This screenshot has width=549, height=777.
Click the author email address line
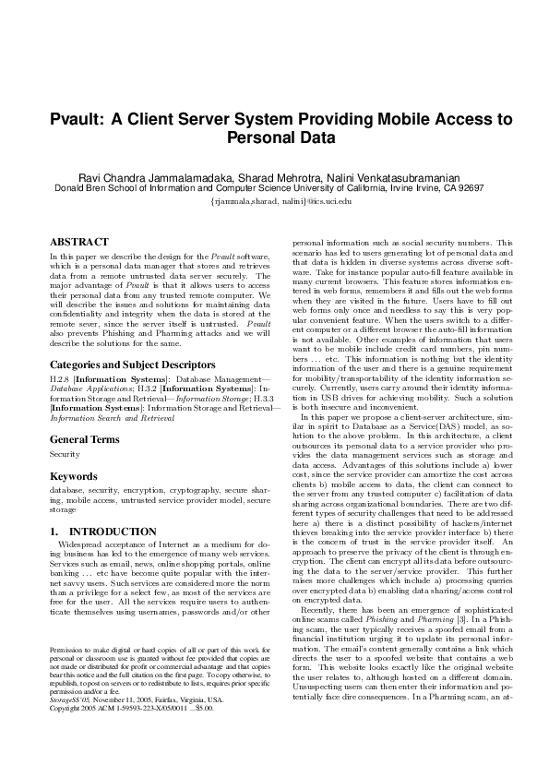[x=275, y=200]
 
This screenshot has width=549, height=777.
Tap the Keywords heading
[x=73, y=476]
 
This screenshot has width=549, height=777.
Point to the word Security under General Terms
[x=65, y=455]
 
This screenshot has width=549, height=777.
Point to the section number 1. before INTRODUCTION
[x=54, y=532]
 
